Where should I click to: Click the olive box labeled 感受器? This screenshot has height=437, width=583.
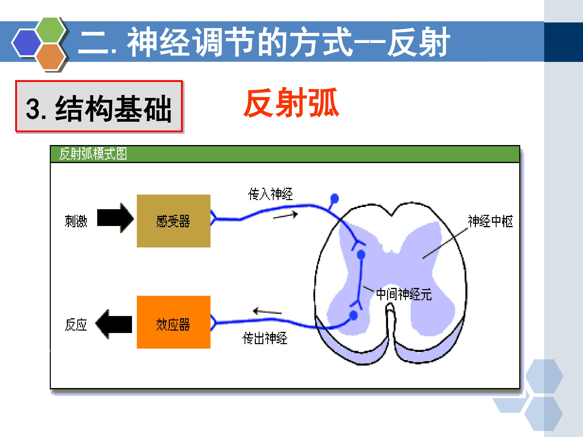(x=173, y=221)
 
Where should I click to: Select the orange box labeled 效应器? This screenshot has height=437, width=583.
(x=173, y=322)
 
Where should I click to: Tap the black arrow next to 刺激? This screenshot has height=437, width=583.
(x=115, y=217)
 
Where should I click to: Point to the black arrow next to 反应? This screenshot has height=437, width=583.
(x=114, y=324)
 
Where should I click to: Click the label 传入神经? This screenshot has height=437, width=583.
(x=270, y=194)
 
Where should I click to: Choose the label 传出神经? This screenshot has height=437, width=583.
(x=265, y=338)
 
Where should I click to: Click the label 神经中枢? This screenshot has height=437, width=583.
(x=490, y=221)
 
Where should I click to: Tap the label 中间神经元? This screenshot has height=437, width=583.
(x=404, y=294)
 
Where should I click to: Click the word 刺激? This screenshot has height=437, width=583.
(x=76, y=221)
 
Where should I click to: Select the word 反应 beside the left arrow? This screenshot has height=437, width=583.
(x=76, y=325)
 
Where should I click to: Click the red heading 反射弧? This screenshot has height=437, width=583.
(x=291, y=102)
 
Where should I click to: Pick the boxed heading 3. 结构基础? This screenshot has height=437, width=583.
(x=99, y=108)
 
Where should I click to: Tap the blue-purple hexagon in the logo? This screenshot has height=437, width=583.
(x=27, y=43)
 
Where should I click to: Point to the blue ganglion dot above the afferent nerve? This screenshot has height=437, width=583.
(x=334, y=198)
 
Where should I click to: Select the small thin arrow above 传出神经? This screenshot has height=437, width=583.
(x=267, y=312)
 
